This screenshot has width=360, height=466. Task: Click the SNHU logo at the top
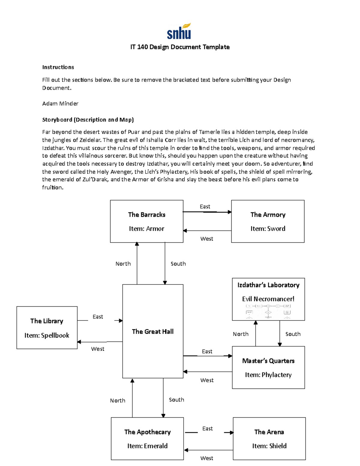point(179,32)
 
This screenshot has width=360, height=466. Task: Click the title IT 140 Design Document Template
point(180,47)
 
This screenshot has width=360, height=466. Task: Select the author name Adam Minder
point(60,104)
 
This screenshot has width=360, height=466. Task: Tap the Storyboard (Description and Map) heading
point(88,120)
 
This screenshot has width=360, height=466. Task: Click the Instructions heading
point(58,67)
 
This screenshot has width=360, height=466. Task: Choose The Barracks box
point(146,221)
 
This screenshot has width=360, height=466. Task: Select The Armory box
point(268,221)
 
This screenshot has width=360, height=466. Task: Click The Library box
point(47,328)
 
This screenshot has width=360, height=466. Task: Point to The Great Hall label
point(153,332)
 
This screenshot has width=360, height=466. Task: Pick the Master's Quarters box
point(268,368)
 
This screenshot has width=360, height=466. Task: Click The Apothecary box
point(147,439)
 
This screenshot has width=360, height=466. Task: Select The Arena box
point(269,439)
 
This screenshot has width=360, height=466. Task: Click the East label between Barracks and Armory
point(205,207)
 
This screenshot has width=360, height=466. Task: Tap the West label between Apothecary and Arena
point(207,458)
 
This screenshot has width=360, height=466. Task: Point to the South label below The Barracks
point(178,264)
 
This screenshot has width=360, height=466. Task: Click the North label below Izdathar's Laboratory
point(241,334)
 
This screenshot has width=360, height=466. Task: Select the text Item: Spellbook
point(47,335)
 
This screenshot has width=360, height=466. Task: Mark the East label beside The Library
point(98,317)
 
